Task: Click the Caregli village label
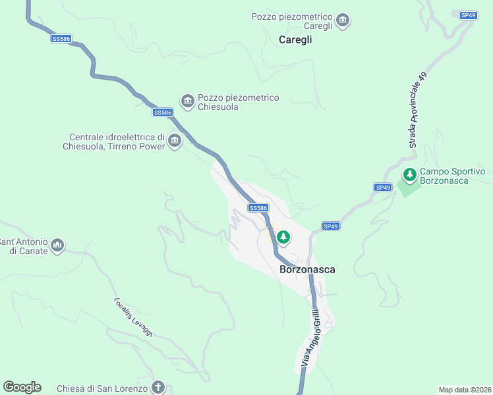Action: (x=295, y=39)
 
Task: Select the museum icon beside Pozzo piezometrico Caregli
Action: (x=342, y=21)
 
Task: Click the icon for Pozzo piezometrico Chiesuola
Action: (x=187, y=101)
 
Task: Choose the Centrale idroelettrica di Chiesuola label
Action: (x=113, y=142)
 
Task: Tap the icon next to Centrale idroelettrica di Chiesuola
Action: (x=175, y=141)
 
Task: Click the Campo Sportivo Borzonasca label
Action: (x=452, y=176)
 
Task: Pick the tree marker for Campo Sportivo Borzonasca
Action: (x=409, y=175)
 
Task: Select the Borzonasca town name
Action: (x=308, y=269)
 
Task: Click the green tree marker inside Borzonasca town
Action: (x=283, y=236)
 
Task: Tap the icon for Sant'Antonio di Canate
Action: (x=57, y=246)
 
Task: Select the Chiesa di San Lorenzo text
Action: (x=101, y=388)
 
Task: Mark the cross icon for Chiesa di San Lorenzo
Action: (x=158, y=387)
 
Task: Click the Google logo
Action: (x=22, y=387)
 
